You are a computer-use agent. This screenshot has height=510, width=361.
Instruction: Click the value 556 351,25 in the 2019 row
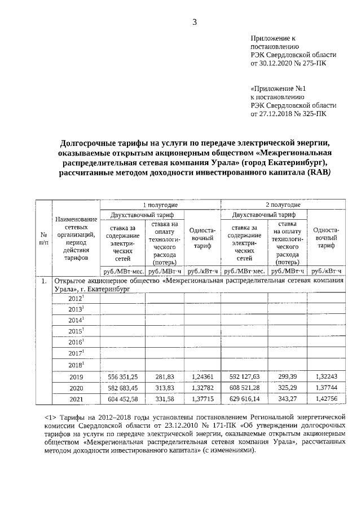[x=122, y=376]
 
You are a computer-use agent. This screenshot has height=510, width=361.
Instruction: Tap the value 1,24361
[x=202, y=376]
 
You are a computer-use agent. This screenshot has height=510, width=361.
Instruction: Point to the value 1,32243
[x=326, y=376]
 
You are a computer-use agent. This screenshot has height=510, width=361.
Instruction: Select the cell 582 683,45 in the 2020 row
[x=122, y=388]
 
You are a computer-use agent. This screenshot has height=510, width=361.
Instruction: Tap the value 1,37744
[x=326, y=388]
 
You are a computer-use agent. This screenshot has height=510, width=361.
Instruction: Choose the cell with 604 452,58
[x=122, y=400]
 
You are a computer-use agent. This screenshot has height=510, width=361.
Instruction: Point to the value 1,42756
[x=326, y=400]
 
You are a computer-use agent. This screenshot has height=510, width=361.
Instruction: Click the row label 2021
[x=76, y=400]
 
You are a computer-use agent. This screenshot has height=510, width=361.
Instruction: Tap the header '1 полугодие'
[x=160, y=205]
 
